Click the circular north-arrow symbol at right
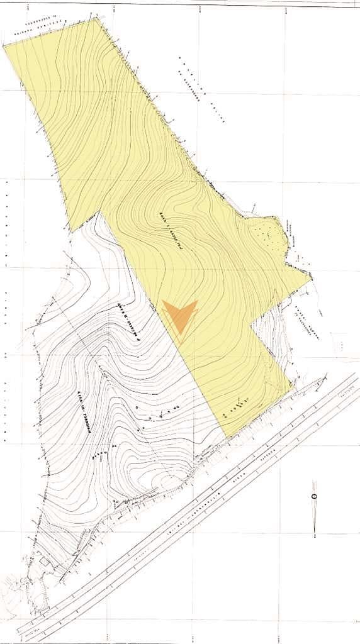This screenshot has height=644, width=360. tap(314, 496)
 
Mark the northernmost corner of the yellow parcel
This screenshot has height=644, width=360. tap(96, 18)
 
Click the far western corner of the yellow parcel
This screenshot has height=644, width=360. tap(4, 46)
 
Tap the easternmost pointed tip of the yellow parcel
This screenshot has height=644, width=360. tap(311, 275)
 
